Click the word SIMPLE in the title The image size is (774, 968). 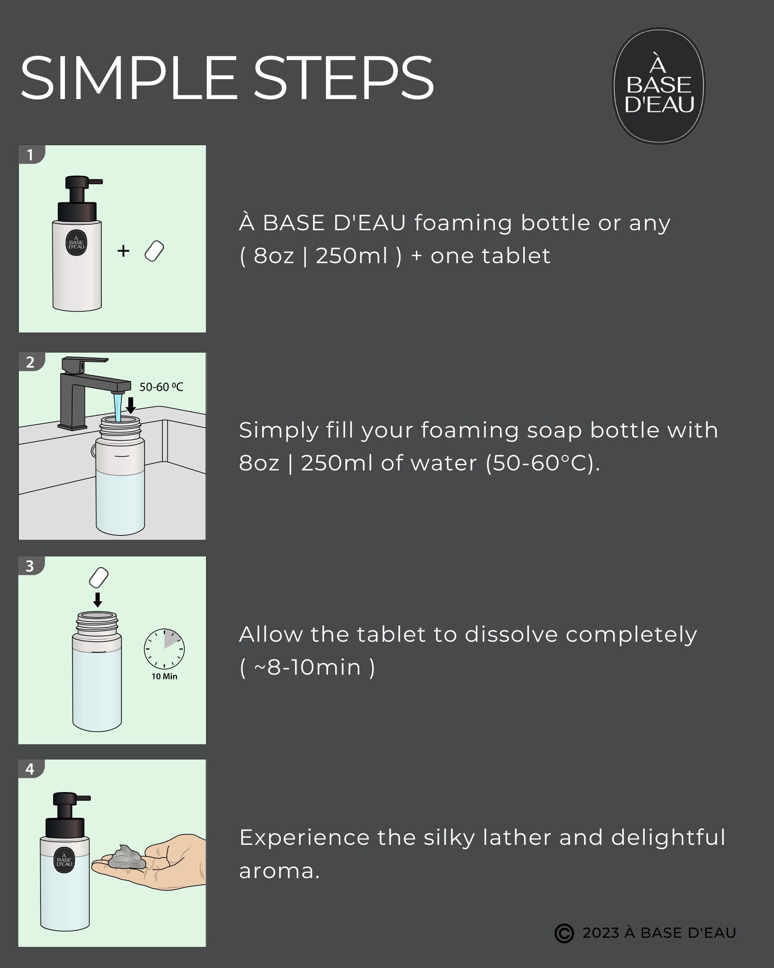pyautogui.click(x=128, y=78)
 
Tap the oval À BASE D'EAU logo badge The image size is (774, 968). pyautogui.click(x=659, y=86)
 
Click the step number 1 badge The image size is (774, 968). pyautogui.click(x=31, y=155)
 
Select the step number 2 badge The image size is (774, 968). pyautogui.click(x=31, y=362)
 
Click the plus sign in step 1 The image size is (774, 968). pyautogui.click(x=123, y=251)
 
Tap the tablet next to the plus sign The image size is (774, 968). pyautogui.click(x=154, y=251)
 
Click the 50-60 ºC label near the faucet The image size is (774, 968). pyautogui.click(x=161, y=387)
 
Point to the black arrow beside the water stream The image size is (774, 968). pyautogui.click(x=131, y=405)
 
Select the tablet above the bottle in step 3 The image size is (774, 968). pyautogui.click(x=99, y=578)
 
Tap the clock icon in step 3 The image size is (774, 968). pyautogui.click(x=164, y=649)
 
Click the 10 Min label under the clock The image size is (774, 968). pyautogui.click(x=164, y=676)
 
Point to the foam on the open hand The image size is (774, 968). pyautogui.click(x=127, y=857)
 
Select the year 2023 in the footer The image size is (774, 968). pyautogui.click(x=600, y=933)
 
